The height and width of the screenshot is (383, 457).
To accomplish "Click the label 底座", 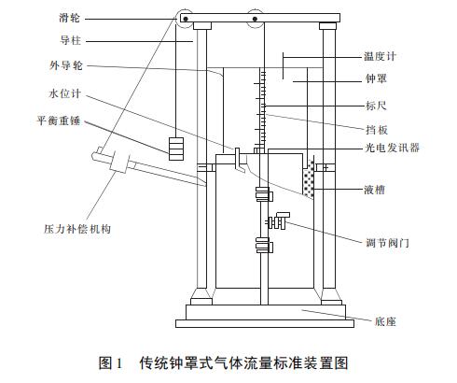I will [x=384, y=320].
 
